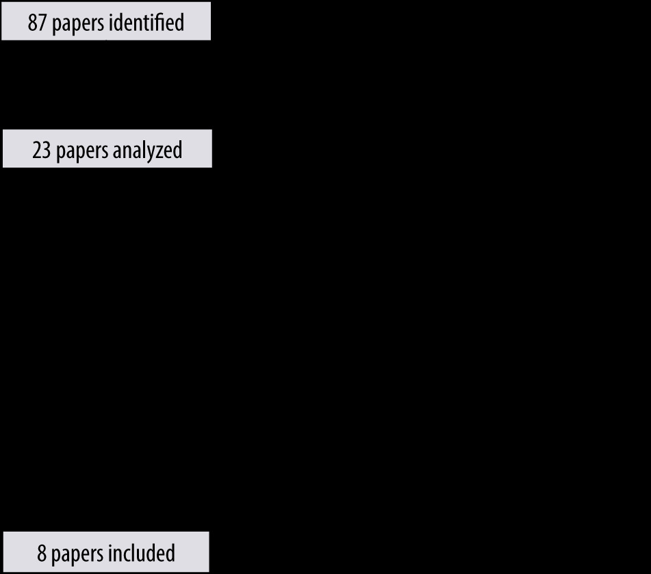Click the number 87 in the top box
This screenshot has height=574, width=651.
click(37, 23)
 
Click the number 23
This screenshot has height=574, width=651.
click(42, 151)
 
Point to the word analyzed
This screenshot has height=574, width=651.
click(147, 151)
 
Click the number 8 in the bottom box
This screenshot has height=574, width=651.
click(42, 553)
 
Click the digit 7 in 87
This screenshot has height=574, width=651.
click(42, 23)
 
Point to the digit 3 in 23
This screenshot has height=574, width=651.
click(46, 151)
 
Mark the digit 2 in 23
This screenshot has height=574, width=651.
click(37, 151)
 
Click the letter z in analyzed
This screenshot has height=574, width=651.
click(159, 153)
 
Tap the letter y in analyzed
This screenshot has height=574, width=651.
click(151, 154)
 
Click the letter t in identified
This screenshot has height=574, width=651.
click(155, 24)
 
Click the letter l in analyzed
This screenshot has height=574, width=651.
click(142, 150)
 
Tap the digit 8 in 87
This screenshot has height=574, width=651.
click(32, 23)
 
